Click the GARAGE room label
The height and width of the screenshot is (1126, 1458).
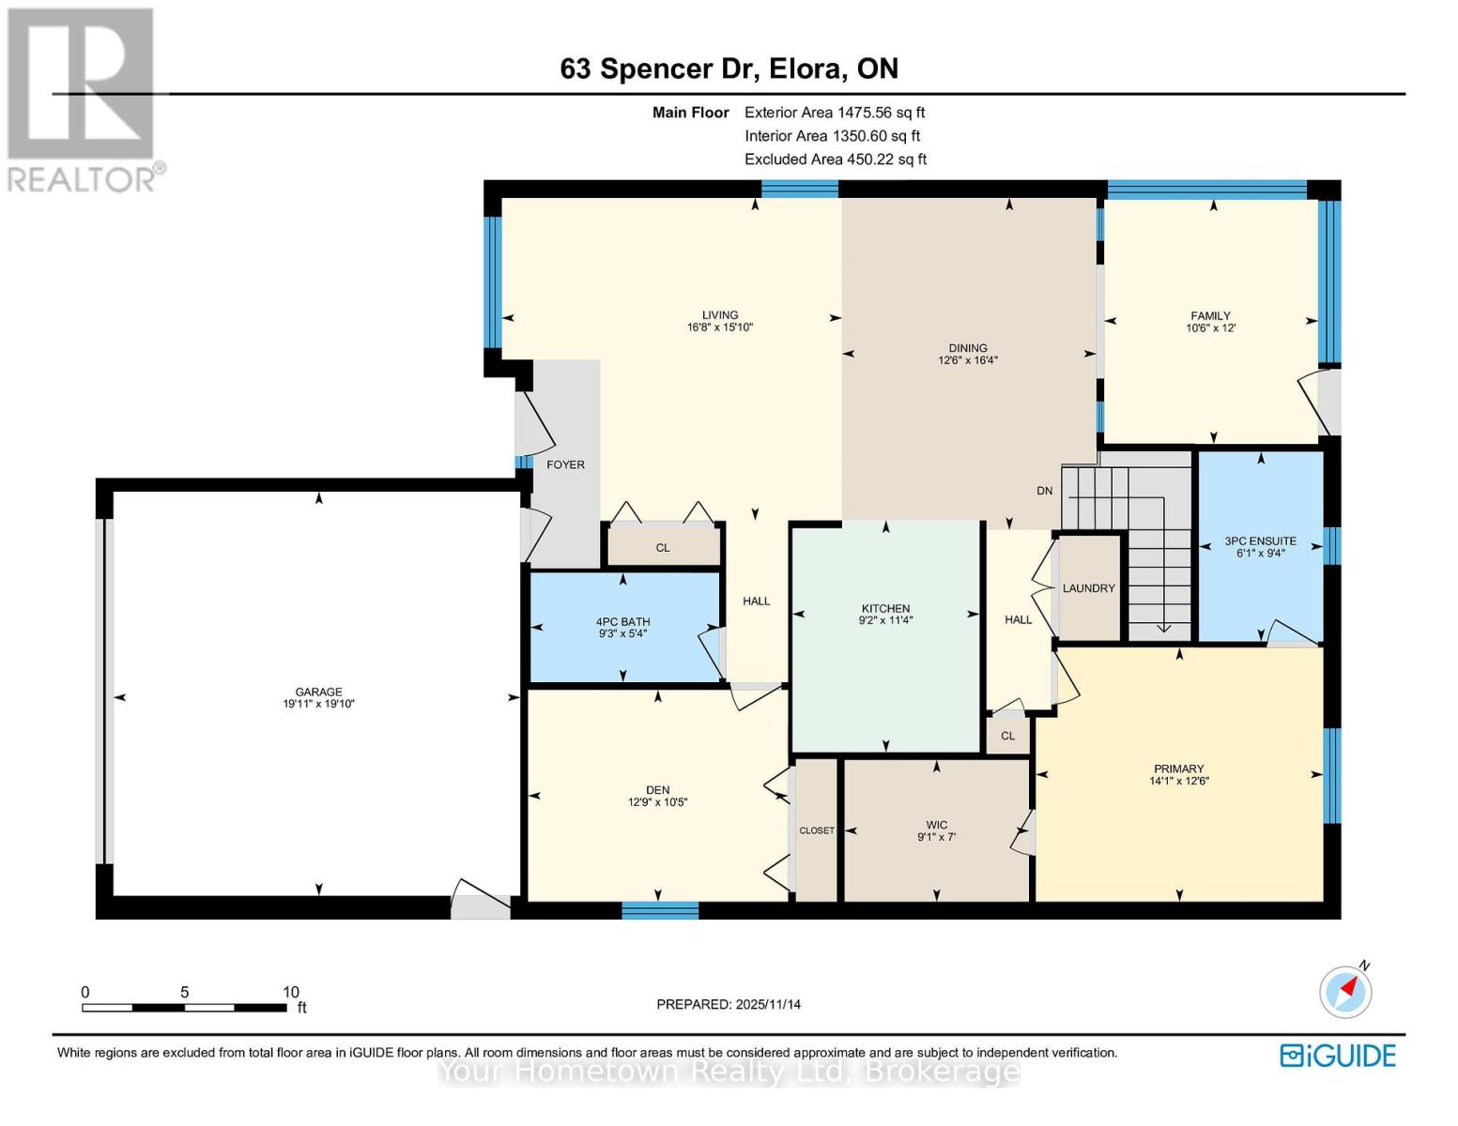coord(318,692)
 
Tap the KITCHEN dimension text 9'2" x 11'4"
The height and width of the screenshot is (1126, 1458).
coord(885,620)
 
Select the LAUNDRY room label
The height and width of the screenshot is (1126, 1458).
coord(1088,588)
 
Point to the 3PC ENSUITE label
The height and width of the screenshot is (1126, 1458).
coord(1260,541)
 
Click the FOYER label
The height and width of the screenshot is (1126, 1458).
coord(565,464)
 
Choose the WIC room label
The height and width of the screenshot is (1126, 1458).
coord(936,825)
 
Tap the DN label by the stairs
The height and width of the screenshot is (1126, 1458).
coord(1044,491)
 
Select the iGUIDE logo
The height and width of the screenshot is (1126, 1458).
coord(1338,1056)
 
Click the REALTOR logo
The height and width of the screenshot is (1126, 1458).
coord(83,99)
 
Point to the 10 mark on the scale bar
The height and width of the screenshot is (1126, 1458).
coord(291,992)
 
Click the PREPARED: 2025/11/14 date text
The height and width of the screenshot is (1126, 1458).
coord(729,1004)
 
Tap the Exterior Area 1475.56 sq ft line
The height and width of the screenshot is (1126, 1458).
coord(835,113)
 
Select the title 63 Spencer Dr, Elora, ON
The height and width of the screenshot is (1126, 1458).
coord(729,68)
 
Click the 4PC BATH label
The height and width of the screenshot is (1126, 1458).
coord(622,621)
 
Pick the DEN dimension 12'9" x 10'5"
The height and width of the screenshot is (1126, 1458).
coord(657,802)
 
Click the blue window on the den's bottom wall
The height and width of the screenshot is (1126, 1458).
coord(660,909)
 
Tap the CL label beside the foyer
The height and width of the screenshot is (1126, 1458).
coord(663,547)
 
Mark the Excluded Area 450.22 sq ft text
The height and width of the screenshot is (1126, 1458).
coord(836,160)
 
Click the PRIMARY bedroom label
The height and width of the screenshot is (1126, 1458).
coord(1178,768)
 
